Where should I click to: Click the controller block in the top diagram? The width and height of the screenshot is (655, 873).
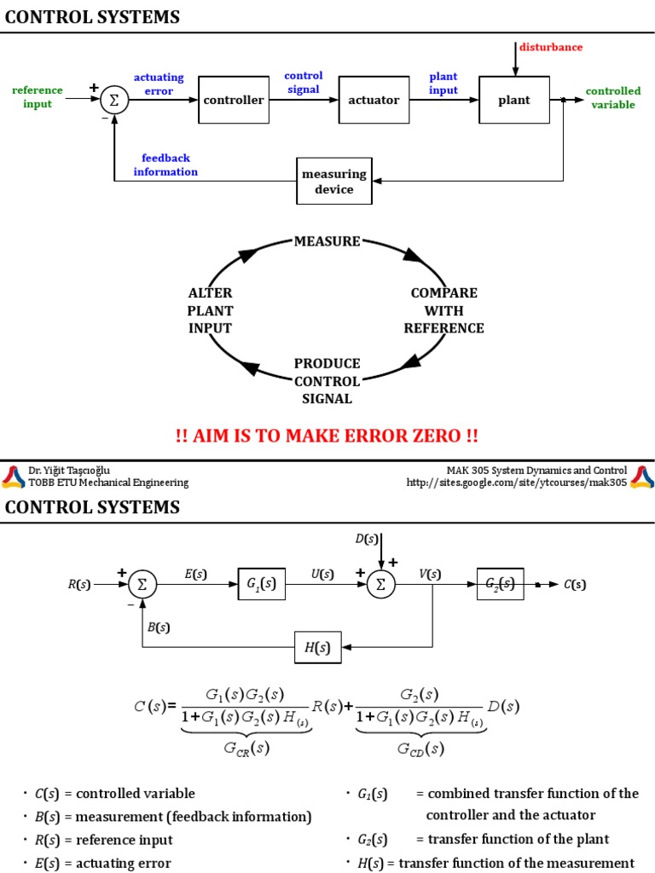234,100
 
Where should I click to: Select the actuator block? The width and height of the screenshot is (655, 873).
374,100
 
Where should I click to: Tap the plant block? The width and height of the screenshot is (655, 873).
514,100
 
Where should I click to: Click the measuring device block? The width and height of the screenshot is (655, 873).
334,181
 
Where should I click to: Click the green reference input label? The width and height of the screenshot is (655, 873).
37,97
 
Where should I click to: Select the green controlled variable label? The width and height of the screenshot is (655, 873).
613,98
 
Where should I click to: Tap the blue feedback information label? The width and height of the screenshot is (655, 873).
165,165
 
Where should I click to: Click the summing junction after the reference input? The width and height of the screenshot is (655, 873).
113,100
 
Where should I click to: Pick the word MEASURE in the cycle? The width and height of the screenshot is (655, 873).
327,241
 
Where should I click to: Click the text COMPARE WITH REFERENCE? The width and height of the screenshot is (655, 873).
443,310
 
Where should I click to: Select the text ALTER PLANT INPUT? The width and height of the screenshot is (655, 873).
210,310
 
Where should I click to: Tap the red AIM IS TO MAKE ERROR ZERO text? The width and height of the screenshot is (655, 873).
327,436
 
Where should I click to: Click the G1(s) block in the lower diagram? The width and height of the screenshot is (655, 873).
261,584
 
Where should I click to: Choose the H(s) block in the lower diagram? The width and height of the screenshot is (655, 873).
317,647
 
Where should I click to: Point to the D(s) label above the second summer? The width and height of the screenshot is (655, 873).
366,538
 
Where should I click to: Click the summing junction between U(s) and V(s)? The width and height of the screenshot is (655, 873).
381,584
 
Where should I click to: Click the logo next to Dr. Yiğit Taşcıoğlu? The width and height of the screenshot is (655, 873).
14,477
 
